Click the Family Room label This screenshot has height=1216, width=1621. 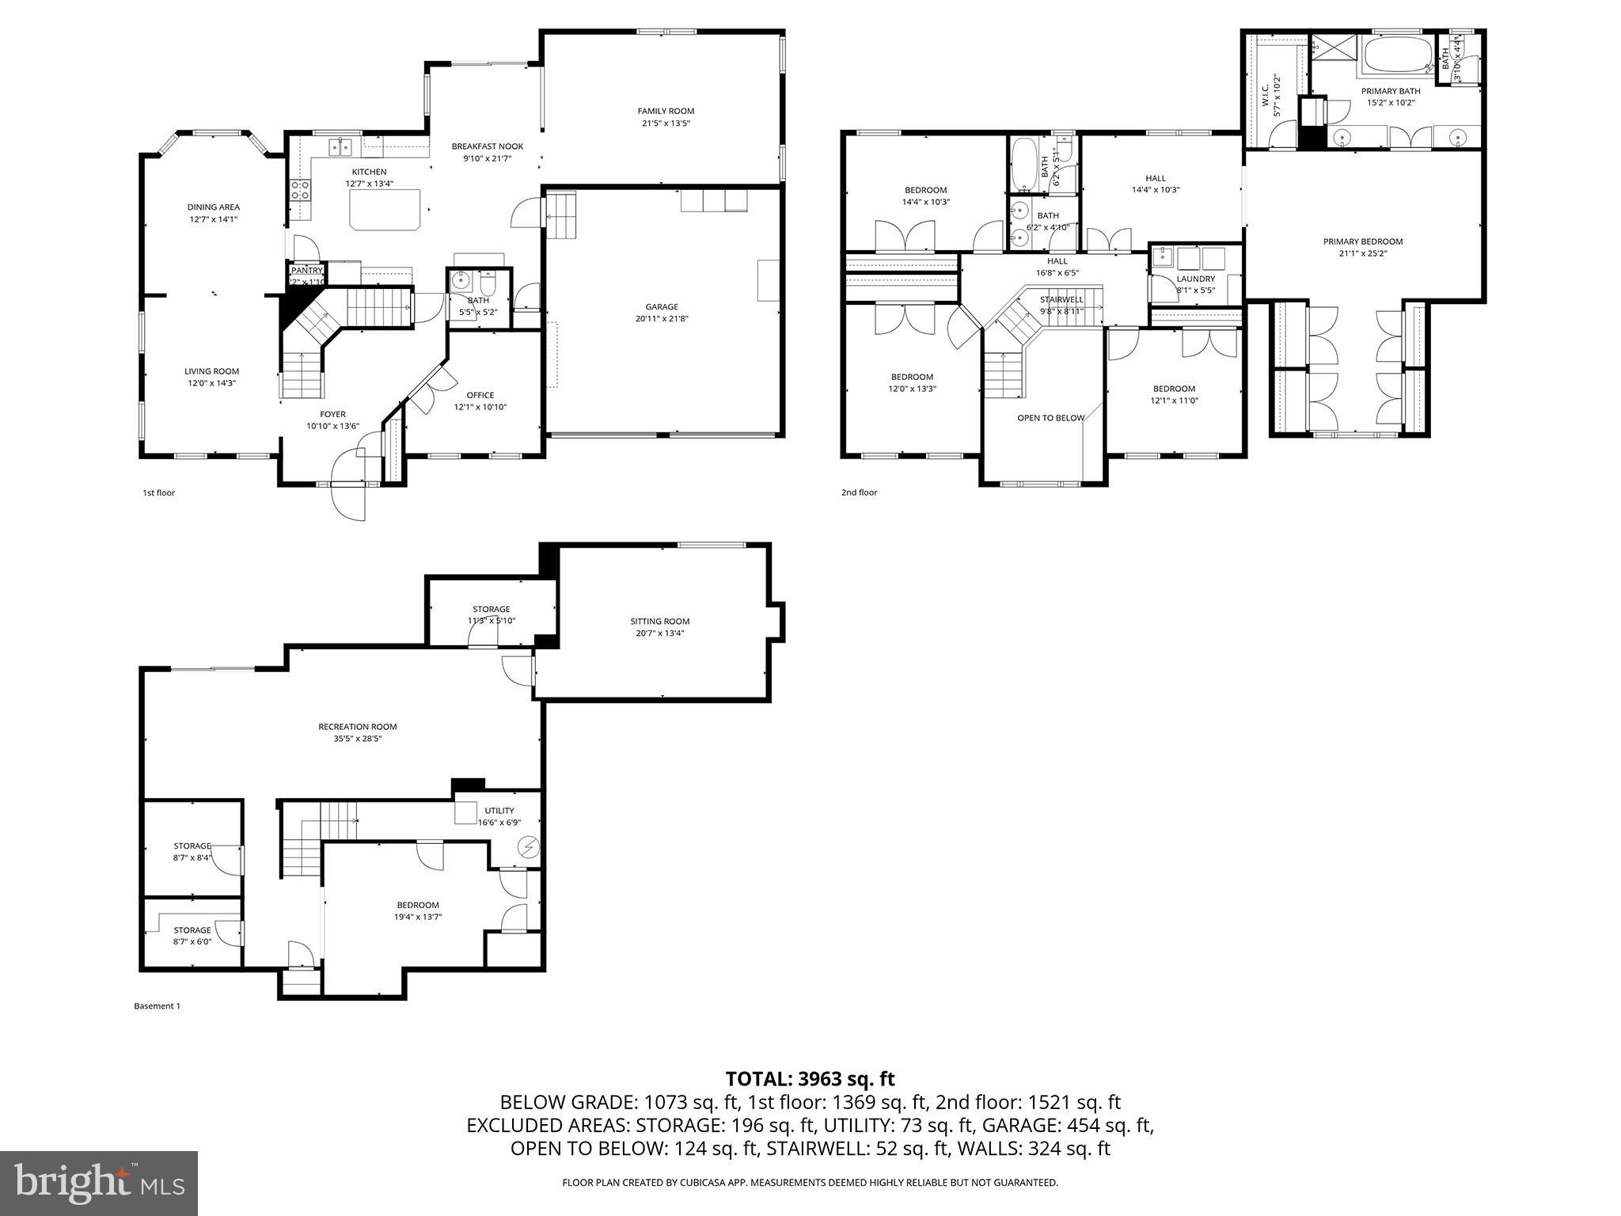click(x=666, y=111)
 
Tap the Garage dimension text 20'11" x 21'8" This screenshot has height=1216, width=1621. click(x=661, y=319)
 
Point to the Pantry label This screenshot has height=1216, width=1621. click(x=307, y=271)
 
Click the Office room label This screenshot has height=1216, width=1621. click(x=480, y=395)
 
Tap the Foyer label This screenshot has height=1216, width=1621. click(x=332, y=414)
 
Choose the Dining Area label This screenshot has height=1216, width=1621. click(x=213, y=207)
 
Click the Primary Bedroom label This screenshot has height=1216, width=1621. click(x=1362, y=241)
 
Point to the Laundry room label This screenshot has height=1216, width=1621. click(x=1195, y=279)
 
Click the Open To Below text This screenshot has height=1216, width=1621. click(x=1050, y=417)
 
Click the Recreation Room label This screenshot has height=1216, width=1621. click(x=357, y=727)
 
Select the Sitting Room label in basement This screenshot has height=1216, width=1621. click(x=659, y=621)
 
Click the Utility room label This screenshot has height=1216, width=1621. click(x=499, y=811)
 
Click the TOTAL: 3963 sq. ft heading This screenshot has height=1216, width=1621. click(x=810, y=1078)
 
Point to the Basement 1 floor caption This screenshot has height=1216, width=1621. click(x=157, y=1006)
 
